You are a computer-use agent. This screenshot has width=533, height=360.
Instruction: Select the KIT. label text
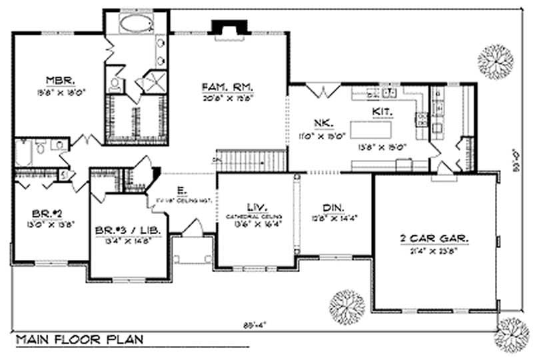(x=382, y=113)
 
